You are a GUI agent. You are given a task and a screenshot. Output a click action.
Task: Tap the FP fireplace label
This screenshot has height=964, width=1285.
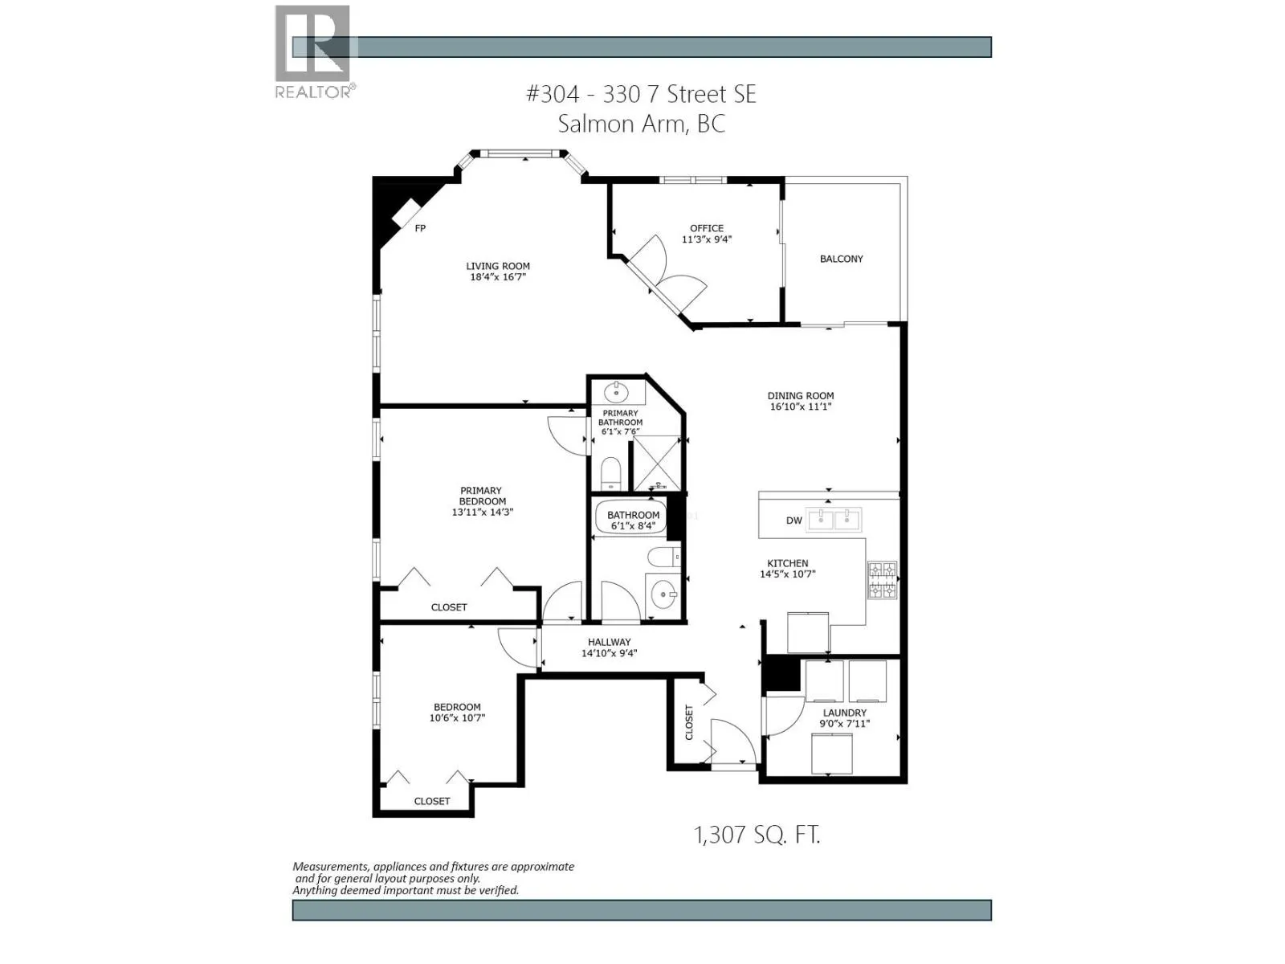click(x=420, y=228)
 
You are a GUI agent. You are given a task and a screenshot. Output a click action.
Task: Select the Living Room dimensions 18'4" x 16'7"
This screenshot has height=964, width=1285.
click(x=498, y=277)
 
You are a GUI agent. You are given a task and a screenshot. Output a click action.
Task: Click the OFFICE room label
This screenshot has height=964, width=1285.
click(x=707, y=228)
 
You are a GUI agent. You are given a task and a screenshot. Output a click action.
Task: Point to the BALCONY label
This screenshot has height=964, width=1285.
click(x=841, y=259)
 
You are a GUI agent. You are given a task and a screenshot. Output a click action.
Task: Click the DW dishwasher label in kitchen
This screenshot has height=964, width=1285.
click(x=793, y=521)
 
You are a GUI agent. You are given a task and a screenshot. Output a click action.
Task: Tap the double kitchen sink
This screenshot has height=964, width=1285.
click(x=834, y=519)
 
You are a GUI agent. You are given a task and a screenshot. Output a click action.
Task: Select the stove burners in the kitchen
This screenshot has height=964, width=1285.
click(x=882, y=580)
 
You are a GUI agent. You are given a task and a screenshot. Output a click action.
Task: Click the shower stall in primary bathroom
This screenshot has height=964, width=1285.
click(x=657, y=463)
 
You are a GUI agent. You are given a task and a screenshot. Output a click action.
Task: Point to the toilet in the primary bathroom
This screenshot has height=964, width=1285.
click(x=611, y=473)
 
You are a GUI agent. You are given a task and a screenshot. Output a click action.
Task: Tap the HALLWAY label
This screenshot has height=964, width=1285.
click(x=609, y=642)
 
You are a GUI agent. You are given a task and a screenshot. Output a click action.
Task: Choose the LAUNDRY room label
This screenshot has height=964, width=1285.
click(x=844, y=713)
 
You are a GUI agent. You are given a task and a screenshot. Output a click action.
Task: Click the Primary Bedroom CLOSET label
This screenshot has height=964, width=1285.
click(x=448, y=607)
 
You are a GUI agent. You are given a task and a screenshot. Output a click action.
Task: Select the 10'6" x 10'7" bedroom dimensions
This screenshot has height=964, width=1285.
click(x=457, y=718)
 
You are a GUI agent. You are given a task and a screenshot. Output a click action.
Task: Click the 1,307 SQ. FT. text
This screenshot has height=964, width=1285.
click(x=757, y=835)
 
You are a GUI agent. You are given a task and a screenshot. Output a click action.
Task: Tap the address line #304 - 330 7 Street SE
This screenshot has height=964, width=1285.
click(x=641, y=94)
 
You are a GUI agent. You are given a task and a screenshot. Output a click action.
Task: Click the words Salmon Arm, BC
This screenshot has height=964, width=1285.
click(x=641, y=124)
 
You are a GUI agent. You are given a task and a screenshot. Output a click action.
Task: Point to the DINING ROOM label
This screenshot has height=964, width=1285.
click(x=800, y=395)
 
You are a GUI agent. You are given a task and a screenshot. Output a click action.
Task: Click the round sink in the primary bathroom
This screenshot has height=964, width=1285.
click(x=617, y=393)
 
